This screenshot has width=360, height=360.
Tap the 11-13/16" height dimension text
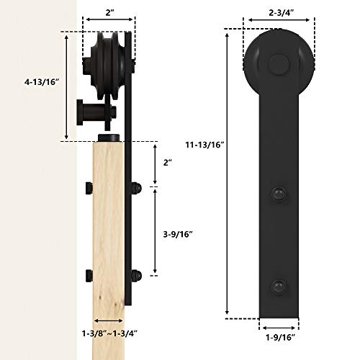(203, 145)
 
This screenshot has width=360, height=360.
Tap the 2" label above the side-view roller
(108, 12)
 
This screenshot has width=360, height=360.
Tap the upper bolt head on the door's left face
(88, 189)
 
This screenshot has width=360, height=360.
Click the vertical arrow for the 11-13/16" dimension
(229, 173)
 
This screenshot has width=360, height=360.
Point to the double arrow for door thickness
(108, 322)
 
